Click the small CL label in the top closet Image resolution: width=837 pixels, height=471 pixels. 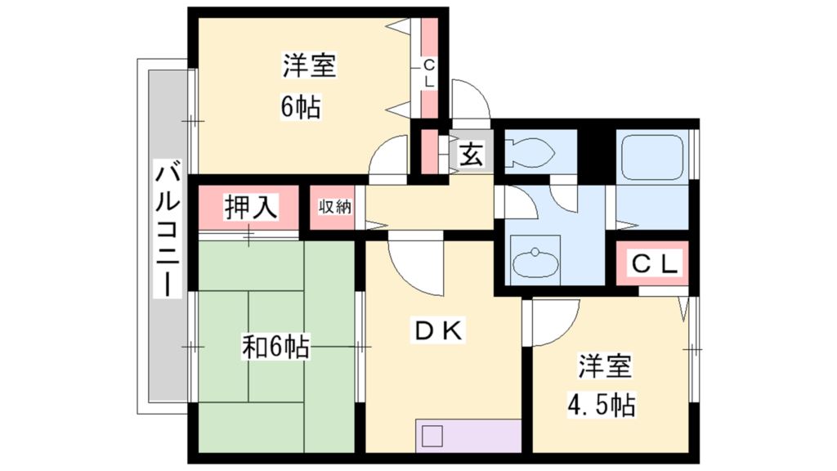point(429,73)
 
